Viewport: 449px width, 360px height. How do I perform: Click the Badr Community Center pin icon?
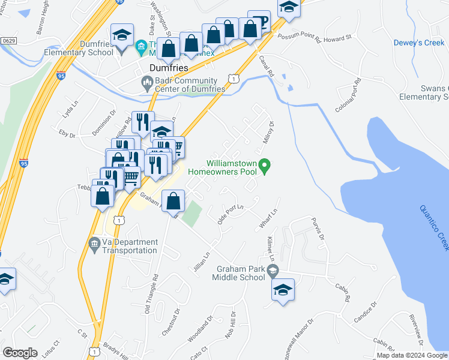[x=146, y=82]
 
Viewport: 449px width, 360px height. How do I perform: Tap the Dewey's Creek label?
[x=418, y=43]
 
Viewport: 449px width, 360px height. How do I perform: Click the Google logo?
[x=20, y=352]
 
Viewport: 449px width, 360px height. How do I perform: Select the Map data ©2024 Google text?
[x=411, y=355]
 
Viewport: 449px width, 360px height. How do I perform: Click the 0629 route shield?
[x=8, y=40]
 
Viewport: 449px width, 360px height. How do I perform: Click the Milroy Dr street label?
[x=268, y=133]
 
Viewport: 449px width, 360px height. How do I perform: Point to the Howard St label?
[x=339, y=38]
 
